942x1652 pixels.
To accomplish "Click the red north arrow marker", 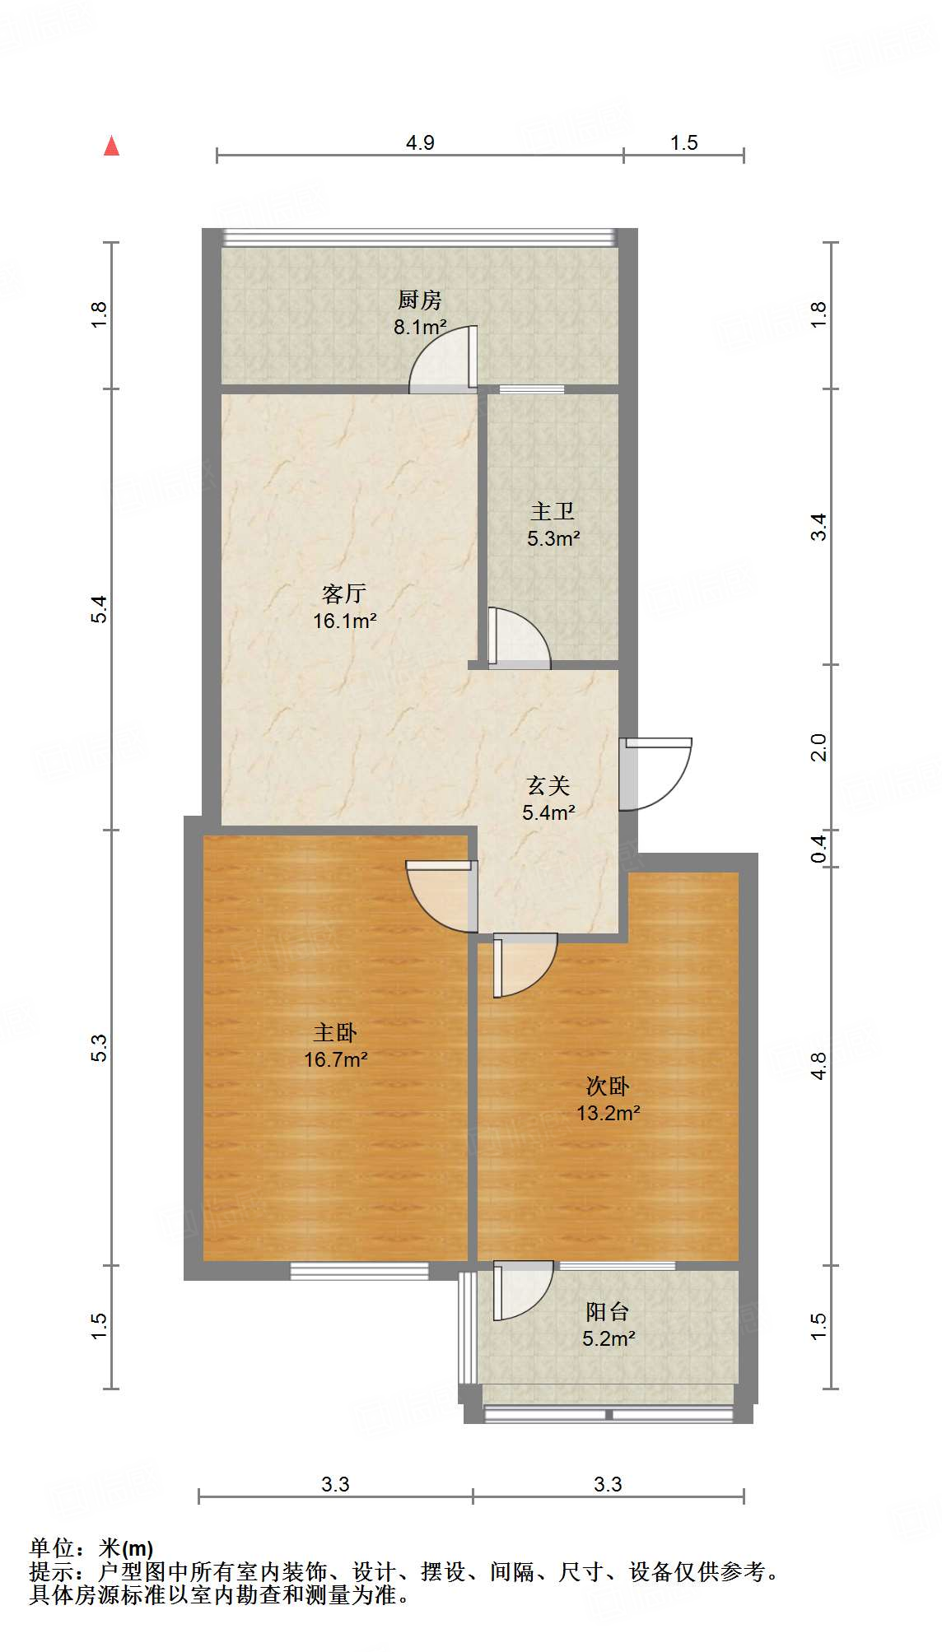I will [111, 146].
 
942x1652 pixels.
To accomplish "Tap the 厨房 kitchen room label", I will [419, 299].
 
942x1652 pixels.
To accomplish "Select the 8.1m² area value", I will [419, 327].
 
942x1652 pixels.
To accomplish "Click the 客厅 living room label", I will [343, 593].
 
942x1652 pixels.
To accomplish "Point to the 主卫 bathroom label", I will [552, 511].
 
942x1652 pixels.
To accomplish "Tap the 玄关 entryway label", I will [548, 785].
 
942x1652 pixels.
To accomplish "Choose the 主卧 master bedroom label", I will [335, 1032].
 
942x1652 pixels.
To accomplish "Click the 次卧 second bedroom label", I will [608, 1086].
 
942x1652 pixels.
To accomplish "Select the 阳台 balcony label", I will [608, 1311].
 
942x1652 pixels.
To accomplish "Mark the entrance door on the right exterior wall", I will [657, 774].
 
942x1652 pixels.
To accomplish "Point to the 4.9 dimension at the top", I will [420, 142].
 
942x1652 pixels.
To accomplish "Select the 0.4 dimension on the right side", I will [818, 848].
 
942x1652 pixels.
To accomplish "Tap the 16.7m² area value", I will [335, 1059].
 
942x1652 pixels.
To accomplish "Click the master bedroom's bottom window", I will [359, 1270].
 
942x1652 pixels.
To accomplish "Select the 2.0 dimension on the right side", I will [818, 747].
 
